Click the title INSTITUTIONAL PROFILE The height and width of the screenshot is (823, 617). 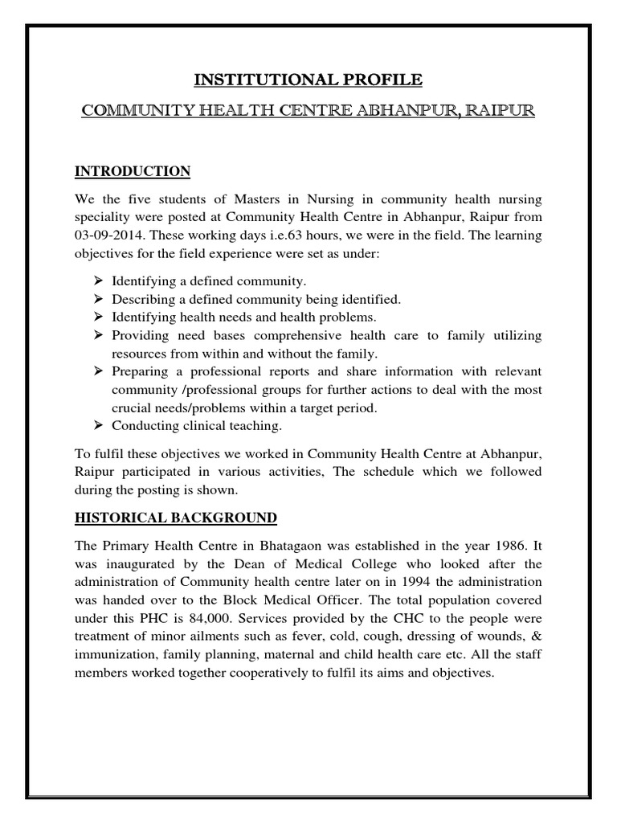pyautogui.click(x=308, y=80)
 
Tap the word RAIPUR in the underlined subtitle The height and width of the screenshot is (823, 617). pyautogui.click(x=499, y=109)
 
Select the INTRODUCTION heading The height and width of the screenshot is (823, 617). pyautogui.click(x=133, y=171)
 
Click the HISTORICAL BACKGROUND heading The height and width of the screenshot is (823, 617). pyautogui.click(x=176, y=517)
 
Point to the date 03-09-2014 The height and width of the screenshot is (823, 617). pyautogui.click(x=108, y=235)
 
